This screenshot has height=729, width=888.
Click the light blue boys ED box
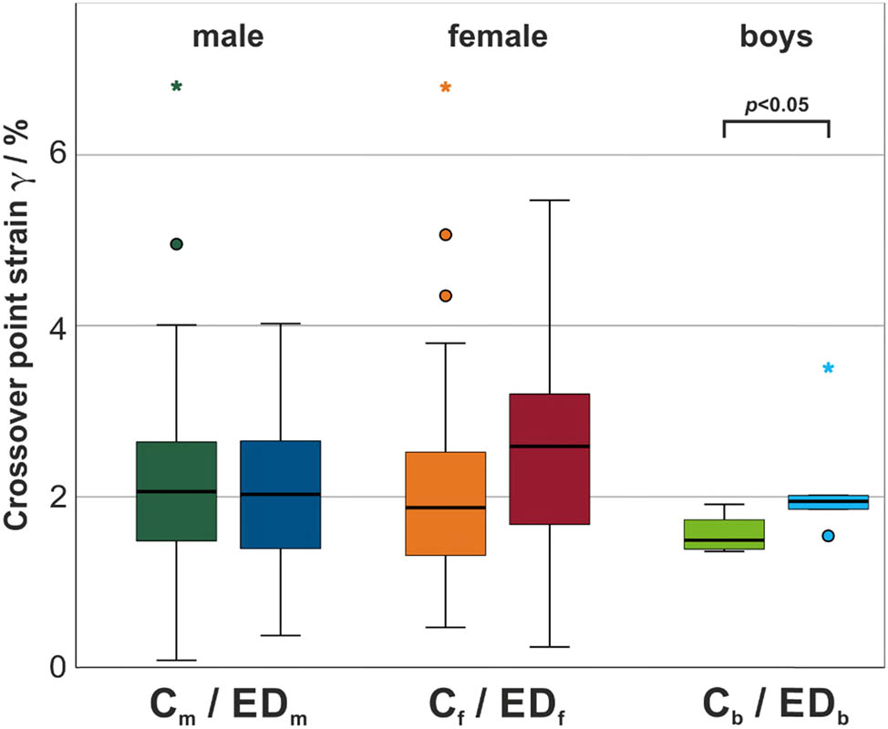click(829, 502)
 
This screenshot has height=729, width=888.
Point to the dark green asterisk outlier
click(177, 87)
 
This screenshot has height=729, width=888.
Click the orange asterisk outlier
click(445, 88)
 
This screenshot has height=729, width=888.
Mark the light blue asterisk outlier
click(828, 369)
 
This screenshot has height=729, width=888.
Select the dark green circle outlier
click(177, 244)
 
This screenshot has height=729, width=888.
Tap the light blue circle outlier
click(828, 536)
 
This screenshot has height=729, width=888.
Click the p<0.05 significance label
click(776, 105)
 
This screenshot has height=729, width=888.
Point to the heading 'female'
click(498, 37)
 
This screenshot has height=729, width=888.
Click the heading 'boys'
click(776, 37)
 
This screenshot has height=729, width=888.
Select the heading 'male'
click(228, 37)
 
